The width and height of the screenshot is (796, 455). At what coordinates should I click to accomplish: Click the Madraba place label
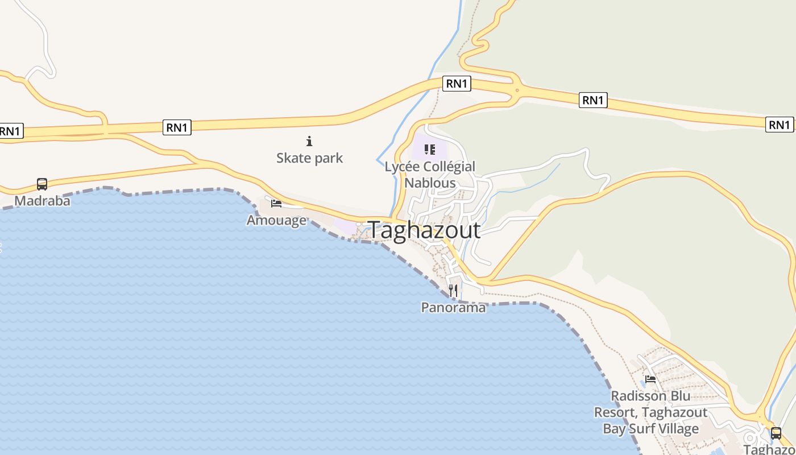[x=42, y=201]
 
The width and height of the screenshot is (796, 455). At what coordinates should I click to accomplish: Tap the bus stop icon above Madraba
[x=42, y=184]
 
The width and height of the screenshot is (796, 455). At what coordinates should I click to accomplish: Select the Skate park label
[x=309, y=158]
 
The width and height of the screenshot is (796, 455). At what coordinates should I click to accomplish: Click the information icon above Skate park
[x=309, y=141]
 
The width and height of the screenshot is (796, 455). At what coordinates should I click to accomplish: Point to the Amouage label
[x=276, y=220]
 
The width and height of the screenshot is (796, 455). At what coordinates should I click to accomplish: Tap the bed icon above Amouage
[x=276, y=203]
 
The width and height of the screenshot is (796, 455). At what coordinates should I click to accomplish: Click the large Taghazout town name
[x=425, y=230]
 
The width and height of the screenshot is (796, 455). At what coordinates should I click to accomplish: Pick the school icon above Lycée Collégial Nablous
[x=430, y=150]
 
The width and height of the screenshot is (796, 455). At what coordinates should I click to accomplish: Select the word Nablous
[x=430, y=183]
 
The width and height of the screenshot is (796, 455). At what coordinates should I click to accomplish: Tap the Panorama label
[x=453, y=308]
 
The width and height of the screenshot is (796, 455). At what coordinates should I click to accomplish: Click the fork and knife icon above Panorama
[x=453, y=291]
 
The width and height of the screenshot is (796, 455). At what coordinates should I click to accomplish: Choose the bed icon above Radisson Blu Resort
[x=650, y=379]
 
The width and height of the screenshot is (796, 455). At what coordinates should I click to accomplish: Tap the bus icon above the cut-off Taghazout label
[x=776, y=433]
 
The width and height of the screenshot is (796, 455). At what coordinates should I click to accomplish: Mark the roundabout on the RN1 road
[x=517, y=90]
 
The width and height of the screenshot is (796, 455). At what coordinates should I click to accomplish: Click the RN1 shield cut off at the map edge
[x=10, y=131]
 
